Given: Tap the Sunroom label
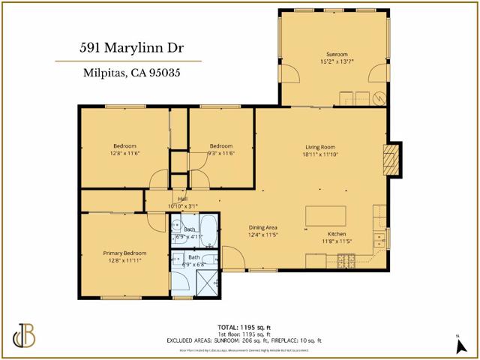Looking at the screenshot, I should coord(337,55).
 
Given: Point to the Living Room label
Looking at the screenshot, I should coord(319,147).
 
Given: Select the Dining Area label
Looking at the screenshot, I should coord(263,227).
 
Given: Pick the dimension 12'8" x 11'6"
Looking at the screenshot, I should coord(124,153).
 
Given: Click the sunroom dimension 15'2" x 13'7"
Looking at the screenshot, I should coord(337,62).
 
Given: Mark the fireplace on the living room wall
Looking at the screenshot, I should coord(390,158).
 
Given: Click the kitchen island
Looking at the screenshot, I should coord(325,216).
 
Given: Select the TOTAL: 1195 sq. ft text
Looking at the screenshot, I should coord(244,326).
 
